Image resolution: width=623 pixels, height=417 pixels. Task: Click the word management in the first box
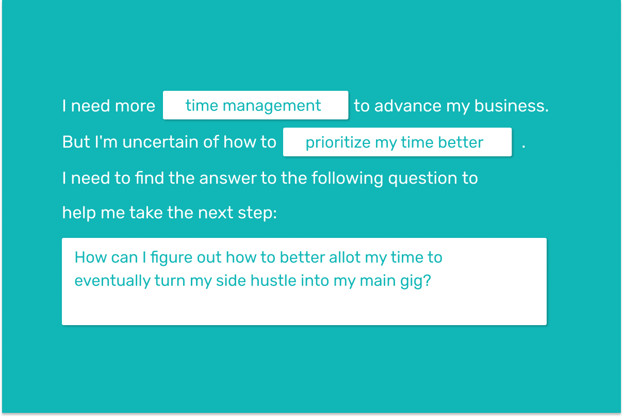(272, 106)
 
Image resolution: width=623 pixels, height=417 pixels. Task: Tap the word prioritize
(338, 143)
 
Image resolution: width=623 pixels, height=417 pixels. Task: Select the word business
(511, 106)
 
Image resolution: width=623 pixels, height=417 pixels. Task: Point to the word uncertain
(160, 142)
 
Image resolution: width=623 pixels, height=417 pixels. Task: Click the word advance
(408, 106)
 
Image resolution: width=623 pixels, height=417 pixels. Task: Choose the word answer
(228, 179)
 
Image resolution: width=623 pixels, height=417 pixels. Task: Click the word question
(423, 179)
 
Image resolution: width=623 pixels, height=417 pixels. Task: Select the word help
(79, 213)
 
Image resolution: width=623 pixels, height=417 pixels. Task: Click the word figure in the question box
(171, 258)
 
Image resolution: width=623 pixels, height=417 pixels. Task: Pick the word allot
(345, 257)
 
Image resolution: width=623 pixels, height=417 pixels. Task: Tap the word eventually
(112, 281)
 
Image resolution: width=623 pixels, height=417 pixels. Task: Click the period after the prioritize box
(523, 147)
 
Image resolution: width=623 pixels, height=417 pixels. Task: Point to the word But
(76, 142)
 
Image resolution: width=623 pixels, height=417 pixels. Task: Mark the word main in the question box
(378, 280)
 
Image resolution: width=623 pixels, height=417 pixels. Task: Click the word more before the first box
(135, 106)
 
